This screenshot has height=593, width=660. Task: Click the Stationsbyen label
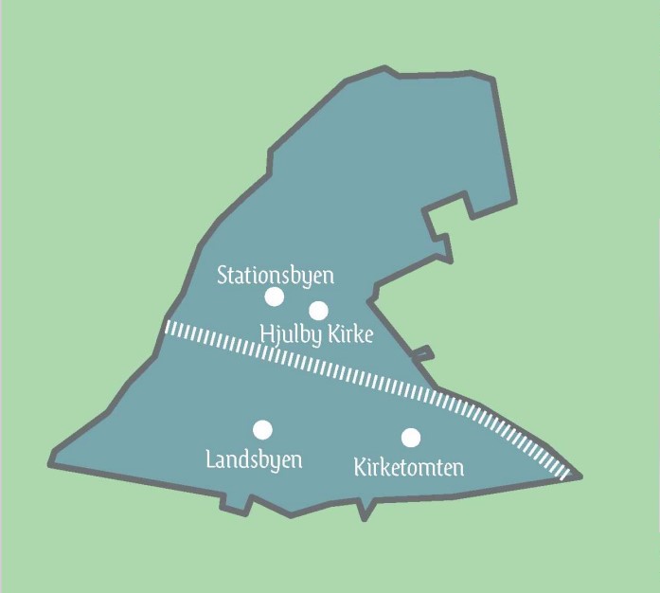276,276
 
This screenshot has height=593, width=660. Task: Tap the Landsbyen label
254,460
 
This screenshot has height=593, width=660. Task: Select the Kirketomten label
408,467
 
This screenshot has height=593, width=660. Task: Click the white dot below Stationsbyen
274,296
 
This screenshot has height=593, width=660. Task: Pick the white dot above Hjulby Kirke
318,311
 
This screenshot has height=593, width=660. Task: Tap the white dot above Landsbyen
263,430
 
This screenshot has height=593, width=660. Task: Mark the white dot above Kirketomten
411,437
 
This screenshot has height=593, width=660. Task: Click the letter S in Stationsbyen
223,276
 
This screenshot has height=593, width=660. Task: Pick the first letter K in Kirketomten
360,467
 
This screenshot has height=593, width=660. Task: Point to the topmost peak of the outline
385,68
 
